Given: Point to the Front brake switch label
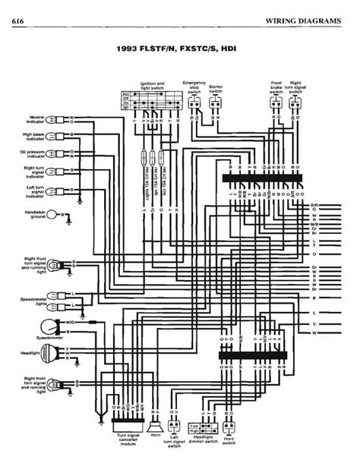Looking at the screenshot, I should click(x=276, y=87).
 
